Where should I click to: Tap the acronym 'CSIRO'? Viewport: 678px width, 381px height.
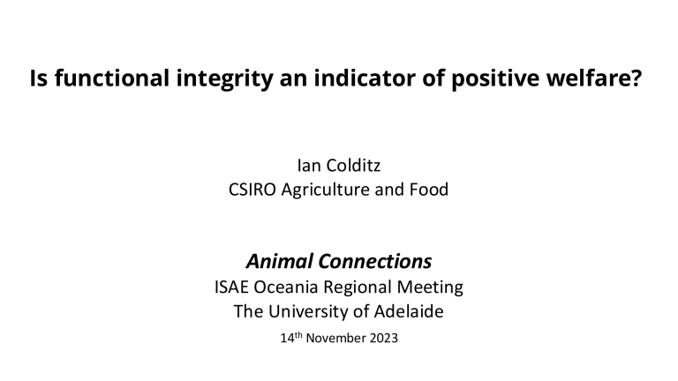pyautogui.click(x=252, y=189)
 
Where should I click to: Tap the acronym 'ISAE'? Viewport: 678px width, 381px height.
pyautogui.click(x=233, y=287)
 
